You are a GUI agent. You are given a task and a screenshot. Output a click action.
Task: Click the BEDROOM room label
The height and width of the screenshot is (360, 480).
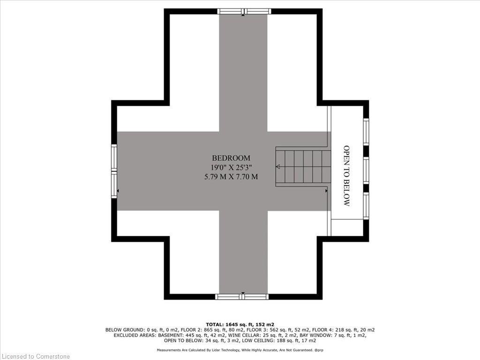[231, 158]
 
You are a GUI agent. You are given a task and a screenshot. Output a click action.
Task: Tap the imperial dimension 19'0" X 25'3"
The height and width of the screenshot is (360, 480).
[231, 167]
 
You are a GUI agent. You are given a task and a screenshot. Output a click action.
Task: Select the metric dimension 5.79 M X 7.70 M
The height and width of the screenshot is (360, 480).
[231, 177]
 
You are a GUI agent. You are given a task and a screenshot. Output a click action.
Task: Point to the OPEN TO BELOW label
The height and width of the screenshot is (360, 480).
[346, 176]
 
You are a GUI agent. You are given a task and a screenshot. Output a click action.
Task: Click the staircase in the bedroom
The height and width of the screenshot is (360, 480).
[303, 166]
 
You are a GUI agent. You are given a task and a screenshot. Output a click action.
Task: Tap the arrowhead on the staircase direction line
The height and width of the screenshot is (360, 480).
[278, 167]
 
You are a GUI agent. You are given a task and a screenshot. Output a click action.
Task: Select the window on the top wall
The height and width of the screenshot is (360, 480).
[244, 11]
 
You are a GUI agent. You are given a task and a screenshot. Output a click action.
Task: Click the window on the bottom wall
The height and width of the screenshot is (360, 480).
[242, 296]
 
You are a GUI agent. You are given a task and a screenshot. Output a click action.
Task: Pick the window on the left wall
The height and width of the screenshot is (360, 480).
[114, 172]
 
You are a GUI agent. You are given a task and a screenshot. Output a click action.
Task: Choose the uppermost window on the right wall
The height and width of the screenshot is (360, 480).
[366, 131]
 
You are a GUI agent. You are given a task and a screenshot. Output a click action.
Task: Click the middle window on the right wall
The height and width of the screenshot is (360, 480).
[366, 170]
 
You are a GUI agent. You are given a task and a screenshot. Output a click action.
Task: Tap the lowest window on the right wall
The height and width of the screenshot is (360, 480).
[366, 205]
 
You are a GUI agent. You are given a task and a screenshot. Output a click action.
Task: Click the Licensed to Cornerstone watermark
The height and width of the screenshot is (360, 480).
[36, 356]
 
